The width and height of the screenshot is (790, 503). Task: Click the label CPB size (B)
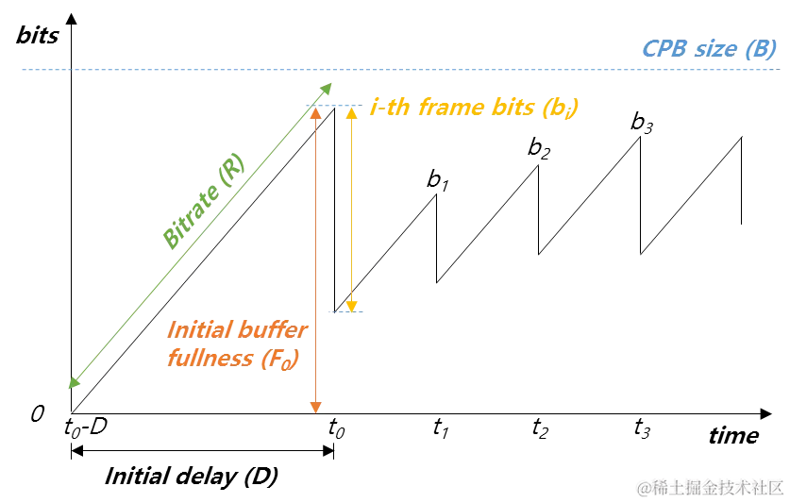pos(710,49)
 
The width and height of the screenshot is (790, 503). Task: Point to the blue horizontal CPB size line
pos(472,71)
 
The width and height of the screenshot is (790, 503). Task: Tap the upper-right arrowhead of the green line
pos(323,91)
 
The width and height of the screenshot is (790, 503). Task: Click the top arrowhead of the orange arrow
pos(315,114)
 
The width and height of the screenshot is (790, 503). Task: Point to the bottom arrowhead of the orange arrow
pos(315,408)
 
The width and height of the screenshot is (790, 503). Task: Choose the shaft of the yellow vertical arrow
pos(351,208)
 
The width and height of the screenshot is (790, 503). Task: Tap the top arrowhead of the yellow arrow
pos(351,113)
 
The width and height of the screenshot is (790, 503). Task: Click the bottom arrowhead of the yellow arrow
pos(351,305)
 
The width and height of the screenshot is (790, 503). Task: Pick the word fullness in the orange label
pos(209,359)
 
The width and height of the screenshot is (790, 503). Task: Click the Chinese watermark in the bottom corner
pos(710,487)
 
